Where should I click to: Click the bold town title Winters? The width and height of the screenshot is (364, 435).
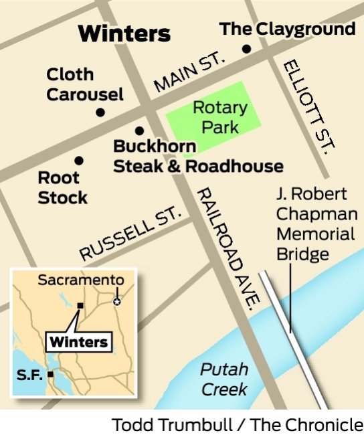tap(124, 33)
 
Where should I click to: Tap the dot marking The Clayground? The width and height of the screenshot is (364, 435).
tap(246, 49)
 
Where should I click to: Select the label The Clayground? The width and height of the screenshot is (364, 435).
tap(288, 29)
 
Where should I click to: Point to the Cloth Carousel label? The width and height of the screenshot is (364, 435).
tap(84, 84)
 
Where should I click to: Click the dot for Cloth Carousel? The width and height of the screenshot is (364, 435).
tap(100, 112)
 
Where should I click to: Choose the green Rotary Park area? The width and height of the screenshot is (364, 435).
tap(214, 114)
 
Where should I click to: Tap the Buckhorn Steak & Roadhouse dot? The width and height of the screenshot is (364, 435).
tap(139, 131)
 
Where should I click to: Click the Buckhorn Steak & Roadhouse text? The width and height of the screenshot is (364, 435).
tap(198, 157)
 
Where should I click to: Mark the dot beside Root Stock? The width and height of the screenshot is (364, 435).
tap(79, 161)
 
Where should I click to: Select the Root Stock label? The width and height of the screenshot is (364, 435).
tap(62, 188)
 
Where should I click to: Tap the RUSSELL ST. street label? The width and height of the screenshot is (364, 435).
tap(130, 234)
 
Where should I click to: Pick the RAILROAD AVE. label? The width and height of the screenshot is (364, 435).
tap(227, 248)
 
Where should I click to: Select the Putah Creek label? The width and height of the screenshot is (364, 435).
tap(225, 379)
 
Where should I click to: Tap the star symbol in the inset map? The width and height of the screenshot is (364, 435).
tap(118, 301)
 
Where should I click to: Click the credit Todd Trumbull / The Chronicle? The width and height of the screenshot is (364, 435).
tap(238, 424)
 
